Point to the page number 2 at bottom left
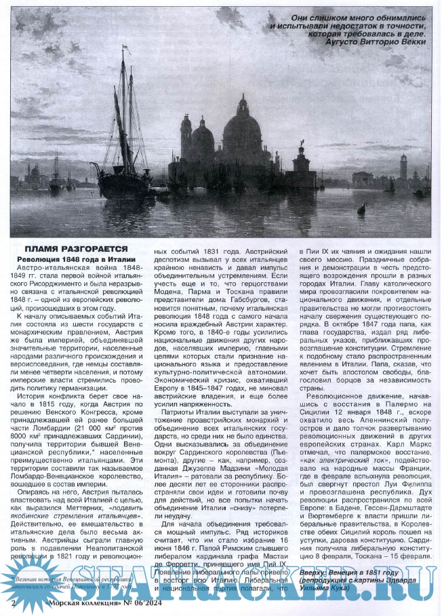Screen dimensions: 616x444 point(14,602)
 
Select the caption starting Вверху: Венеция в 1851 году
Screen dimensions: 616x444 point(366,576)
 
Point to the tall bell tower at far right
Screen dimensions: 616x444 point(403,167)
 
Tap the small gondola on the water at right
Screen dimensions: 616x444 point(362,208)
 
